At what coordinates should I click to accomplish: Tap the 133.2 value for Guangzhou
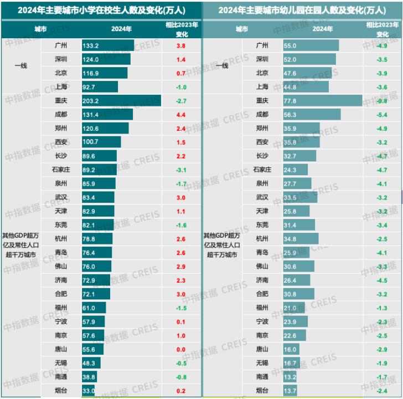click(90, 45)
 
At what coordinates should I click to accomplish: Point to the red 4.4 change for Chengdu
click(181, 115)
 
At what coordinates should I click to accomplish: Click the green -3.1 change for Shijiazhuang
click(181, 170)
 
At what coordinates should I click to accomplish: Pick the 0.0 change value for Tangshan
click(181, 349)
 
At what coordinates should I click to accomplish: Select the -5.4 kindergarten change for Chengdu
click(383, 115)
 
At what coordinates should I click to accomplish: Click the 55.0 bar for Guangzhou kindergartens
click(311, 45)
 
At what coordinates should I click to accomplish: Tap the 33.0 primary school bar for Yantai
click(88, 391)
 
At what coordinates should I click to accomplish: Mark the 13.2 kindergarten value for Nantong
click(291, 377)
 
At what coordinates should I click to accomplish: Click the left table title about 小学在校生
click(101, 10)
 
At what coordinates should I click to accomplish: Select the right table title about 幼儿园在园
click(302, 10)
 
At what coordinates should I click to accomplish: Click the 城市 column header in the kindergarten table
click(242, 29)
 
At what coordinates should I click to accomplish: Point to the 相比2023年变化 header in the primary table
click(182, 29)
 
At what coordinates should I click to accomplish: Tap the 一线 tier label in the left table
click(20, 66)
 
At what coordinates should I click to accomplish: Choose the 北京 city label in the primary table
click(61, 73)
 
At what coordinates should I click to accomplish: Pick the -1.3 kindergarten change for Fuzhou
click(383, 308)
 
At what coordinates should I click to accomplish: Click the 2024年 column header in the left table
click(121, 29)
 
